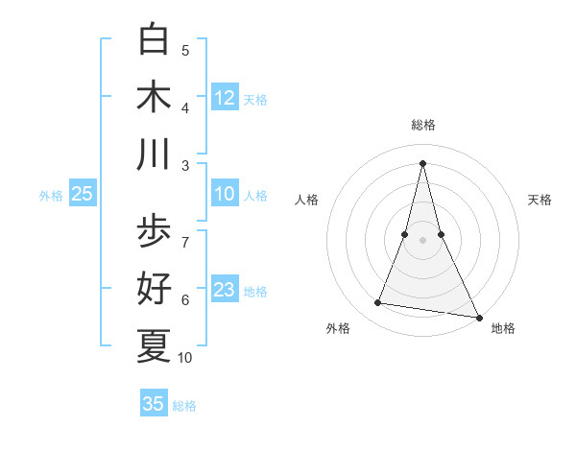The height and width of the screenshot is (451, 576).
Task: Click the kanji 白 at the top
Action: (x=154, y=40)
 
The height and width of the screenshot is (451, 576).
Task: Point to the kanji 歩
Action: (x=154, y=231)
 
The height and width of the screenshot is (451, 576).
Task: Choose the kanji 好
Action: (x=154, y=288)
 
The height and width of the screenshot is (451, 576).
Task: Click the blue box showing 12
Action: (x=225, y=98)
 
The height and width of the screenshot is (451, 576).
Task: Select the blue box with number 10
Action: (x=225, y=194)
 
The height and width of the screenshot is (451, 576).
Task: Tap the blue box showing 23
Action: (x=225, y=290)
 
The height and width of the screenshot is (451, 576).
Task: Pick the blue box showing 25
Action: (x=83, y=194)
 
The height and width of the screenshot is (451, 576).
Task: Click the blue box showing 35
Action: (x=154, y=404)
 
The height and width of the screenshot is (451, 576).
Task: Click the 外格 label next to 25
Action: (x=51, y=196)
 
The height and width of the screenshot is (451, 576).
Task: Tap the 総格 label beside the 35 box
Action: (x=184, y=406)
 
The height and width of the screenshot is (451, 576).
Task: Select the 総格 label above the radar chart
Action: (x=423, y=125)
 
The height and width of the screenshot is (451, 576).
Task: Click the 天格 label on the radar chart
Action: (x=540, y=201)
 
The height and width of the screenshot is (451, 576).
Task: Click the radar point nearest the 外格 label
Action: (x=378, y=303)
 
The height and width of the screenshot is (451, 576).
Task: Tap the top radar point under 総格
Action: (x=423, y=161)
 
